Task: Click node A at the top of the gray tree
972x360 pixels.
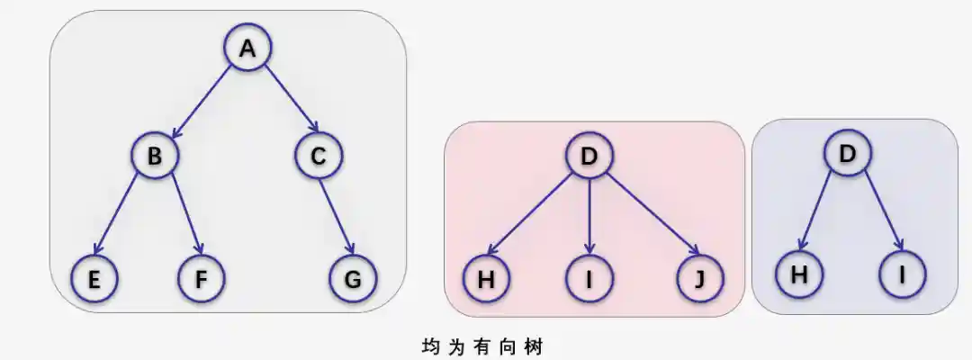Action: pos(247,50)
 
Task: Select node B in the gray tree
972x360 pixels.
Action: pos(155,157)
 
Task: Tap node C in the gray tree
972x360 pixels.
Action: pos(318,157)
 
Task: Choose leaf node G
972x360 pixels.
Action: pos(353,279)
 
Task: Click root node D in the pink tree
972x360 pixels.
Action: pos(589,157)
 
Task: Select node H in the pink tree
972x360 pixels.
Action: pos(487,279)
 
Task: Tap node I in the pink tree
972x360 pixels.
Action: pos(589,279)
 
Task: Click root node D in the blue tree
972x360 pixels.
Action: pos(847,154)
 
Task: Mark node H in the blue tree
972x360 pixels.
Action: pos(798,275)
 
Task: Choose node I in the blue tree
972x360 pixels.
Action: pos(904,275)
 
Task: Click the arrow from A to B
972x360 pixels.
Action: pos(201,103)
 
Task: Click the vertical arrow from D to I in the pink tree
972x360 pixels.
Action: pos(589,216)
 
